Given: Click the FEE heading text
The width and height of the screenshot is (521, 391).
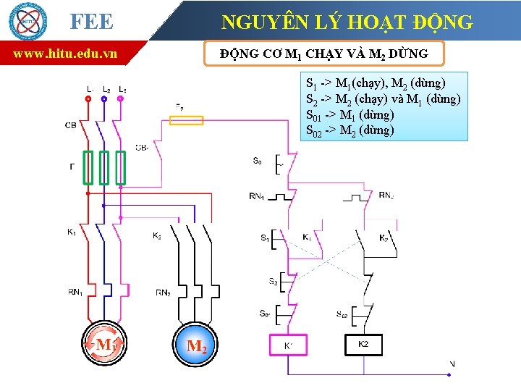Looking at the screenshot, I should [x=92, y=22].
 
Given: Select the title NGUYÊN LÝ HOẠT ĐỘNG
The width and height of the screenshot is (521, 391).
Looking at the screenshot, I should [x=347, y=22].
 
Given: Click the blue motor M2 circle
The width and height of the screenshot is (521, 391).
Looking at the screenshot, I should [x=196, y=345].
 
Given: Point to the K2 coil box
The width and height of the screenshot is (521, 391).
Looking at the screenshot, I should [x=363, y=345].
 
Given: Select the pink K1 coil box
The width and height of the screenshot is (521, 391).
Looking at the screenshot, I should [x=288, y=345].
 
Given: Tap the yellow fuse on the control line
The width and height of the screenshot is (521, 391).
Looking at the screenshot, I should [x=187, y=119].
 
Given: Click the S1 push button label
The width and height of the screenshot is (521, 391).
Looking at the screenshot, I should [x=264, y=237].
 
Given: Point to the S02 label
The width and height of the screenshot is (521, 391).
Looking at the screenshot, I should [x=342, y=314].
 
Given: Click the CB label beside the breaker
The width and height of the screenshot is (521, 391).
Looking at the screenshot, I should [x=71, y=125].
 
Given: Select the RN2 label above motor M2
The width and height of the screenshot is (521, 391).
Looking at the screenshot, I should [x=164, y=293].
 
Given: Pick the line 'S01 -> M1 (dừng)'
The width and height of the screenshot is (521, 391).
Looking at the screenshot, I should [x=350, y=114].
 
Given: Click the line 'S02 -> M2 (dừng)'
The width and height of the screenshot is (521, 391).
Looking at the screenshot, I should [x=350, y=130].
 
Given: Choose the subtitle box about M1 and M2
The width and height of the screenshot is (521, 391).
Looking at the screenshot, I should [x=323, y=54].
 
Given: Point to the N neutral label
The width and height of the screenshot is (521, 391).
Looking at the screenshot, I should [x=452, y=363].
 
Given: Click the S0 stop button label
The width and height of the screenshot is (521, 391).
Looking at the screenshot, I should [x=258, y=161].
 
